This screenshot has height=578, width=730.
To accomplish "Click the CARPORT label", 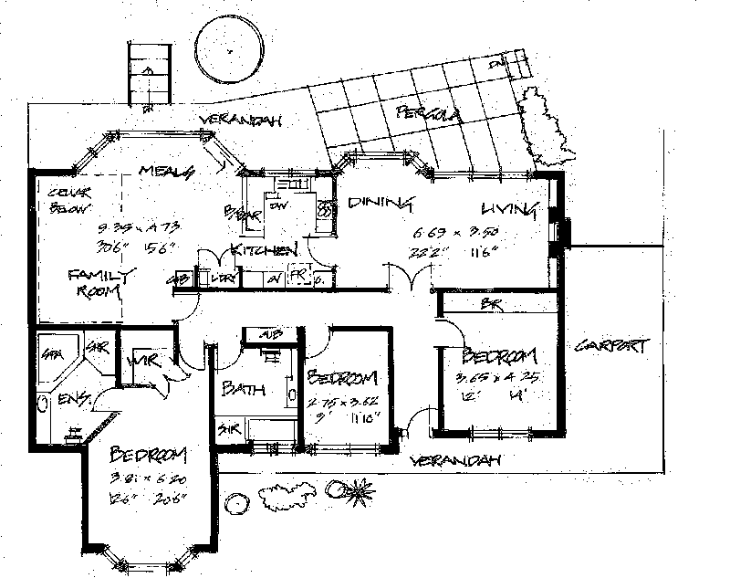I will coord(612,346).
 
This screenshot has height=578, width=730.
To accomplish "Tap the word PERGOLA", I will coord(427,114).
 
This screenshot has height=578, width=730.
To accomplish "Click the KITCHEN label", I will coord(262,249).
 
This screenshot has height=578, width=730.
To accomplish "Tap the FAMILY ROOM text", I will coord(101,283).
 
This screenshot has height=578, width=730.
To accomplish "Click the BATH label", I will coord(244,389).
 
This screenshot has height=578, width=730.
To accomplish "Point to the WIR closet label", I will coord(145,363).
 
